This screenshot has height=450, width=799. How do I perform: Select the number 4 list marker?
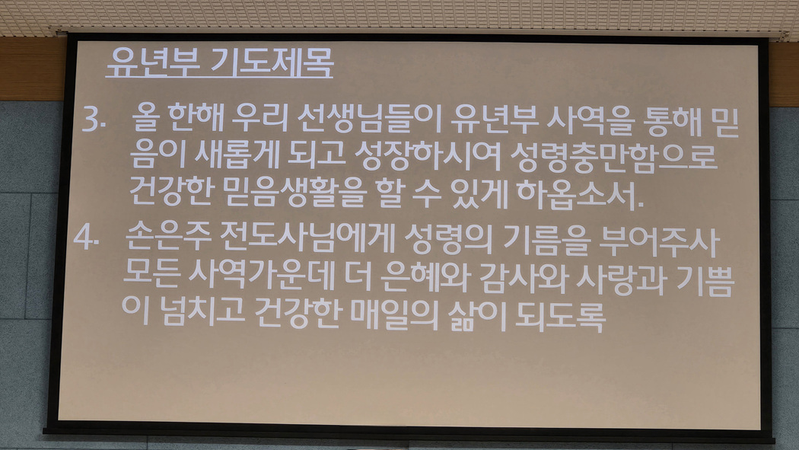(85, 237)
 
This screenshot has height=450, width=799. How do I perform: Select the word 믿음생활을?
(295, 192)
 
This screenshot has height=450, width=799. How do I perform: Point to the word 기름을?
(547, 240)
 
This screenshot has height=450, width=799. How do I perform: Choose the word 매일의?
(395, 314)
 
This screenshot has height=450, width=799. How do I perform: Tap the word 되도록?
(560, 317)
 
